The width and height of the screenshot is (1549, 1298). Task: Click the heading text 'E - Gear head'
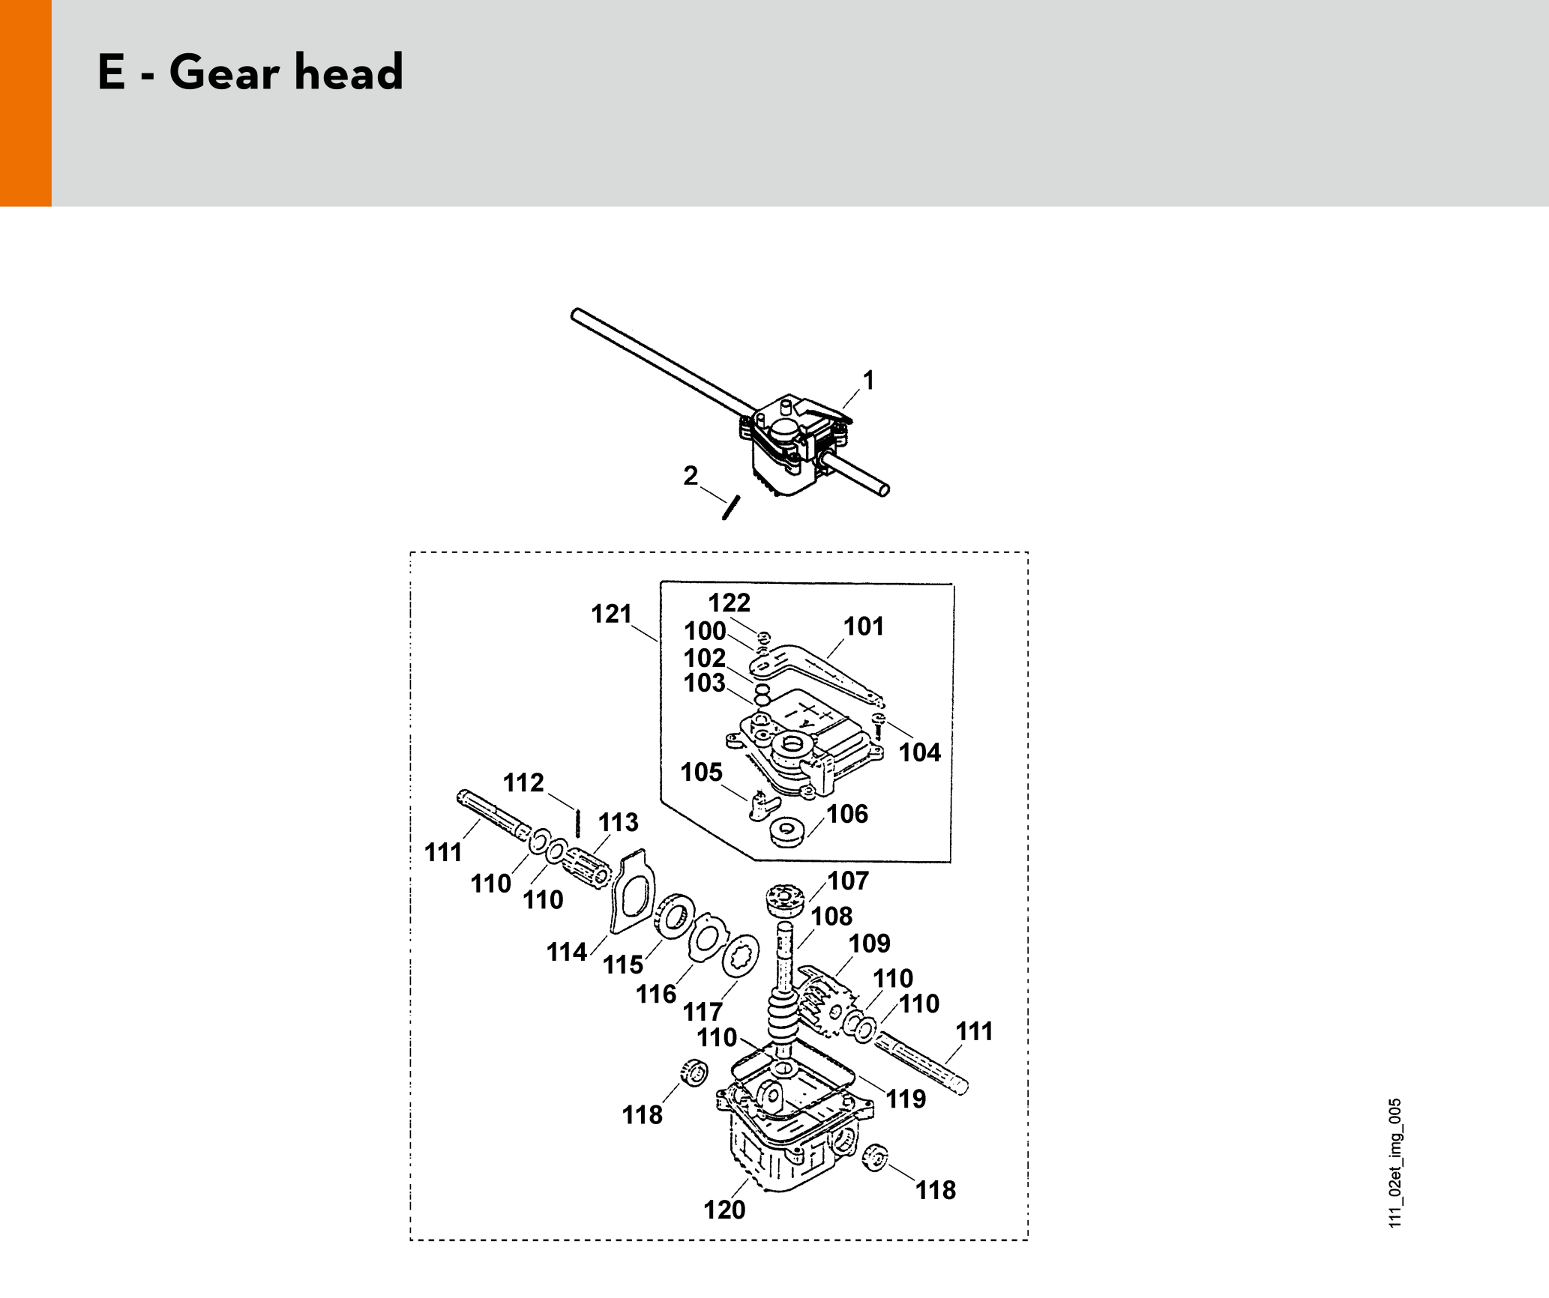coord(250,73)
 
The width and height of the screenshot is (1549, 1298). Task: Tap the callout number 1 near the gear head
coord(868,381)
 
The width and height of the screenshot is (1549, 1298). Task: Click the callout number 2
coord(691,476)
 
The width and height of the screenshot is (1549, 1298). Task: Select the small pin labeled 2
coord(731,507)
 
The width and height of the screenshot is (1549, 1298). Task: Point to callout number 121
coord(611,614)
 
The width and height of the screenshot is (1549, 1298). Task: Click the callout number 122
coord(729,603)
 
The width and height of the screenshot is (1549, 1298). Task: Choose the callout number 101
coord(864,627)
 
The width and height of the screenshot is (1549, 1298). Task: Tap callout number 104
coord(919,752)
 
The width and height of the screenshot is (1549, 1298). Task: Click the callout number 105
coord(701,773)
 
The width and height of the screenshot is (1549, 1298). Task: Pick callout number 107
coord(848,881)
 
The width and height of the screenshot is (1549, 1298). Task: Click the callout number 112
coord(523,783)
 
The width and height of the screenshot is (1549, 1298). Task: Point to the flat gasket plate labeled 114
coord(633,891)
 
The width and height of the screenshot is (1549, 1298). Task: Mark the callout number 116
coord(656,994)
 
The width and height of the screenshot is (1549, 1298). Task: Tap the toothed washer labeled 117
coord(740,956)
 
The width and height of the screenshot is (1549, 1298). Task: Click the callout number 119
coord(906,1099)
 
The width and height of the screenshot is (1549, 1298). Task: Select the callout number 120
coord(724,1210)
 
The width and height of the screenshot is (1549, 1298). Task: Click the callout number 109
coord(870,944)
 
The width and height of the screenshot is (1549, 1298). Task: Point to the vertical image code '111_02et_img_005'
coord(1395,1164)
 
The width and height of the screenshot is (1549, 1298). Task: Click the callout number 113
coord(619,822)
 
